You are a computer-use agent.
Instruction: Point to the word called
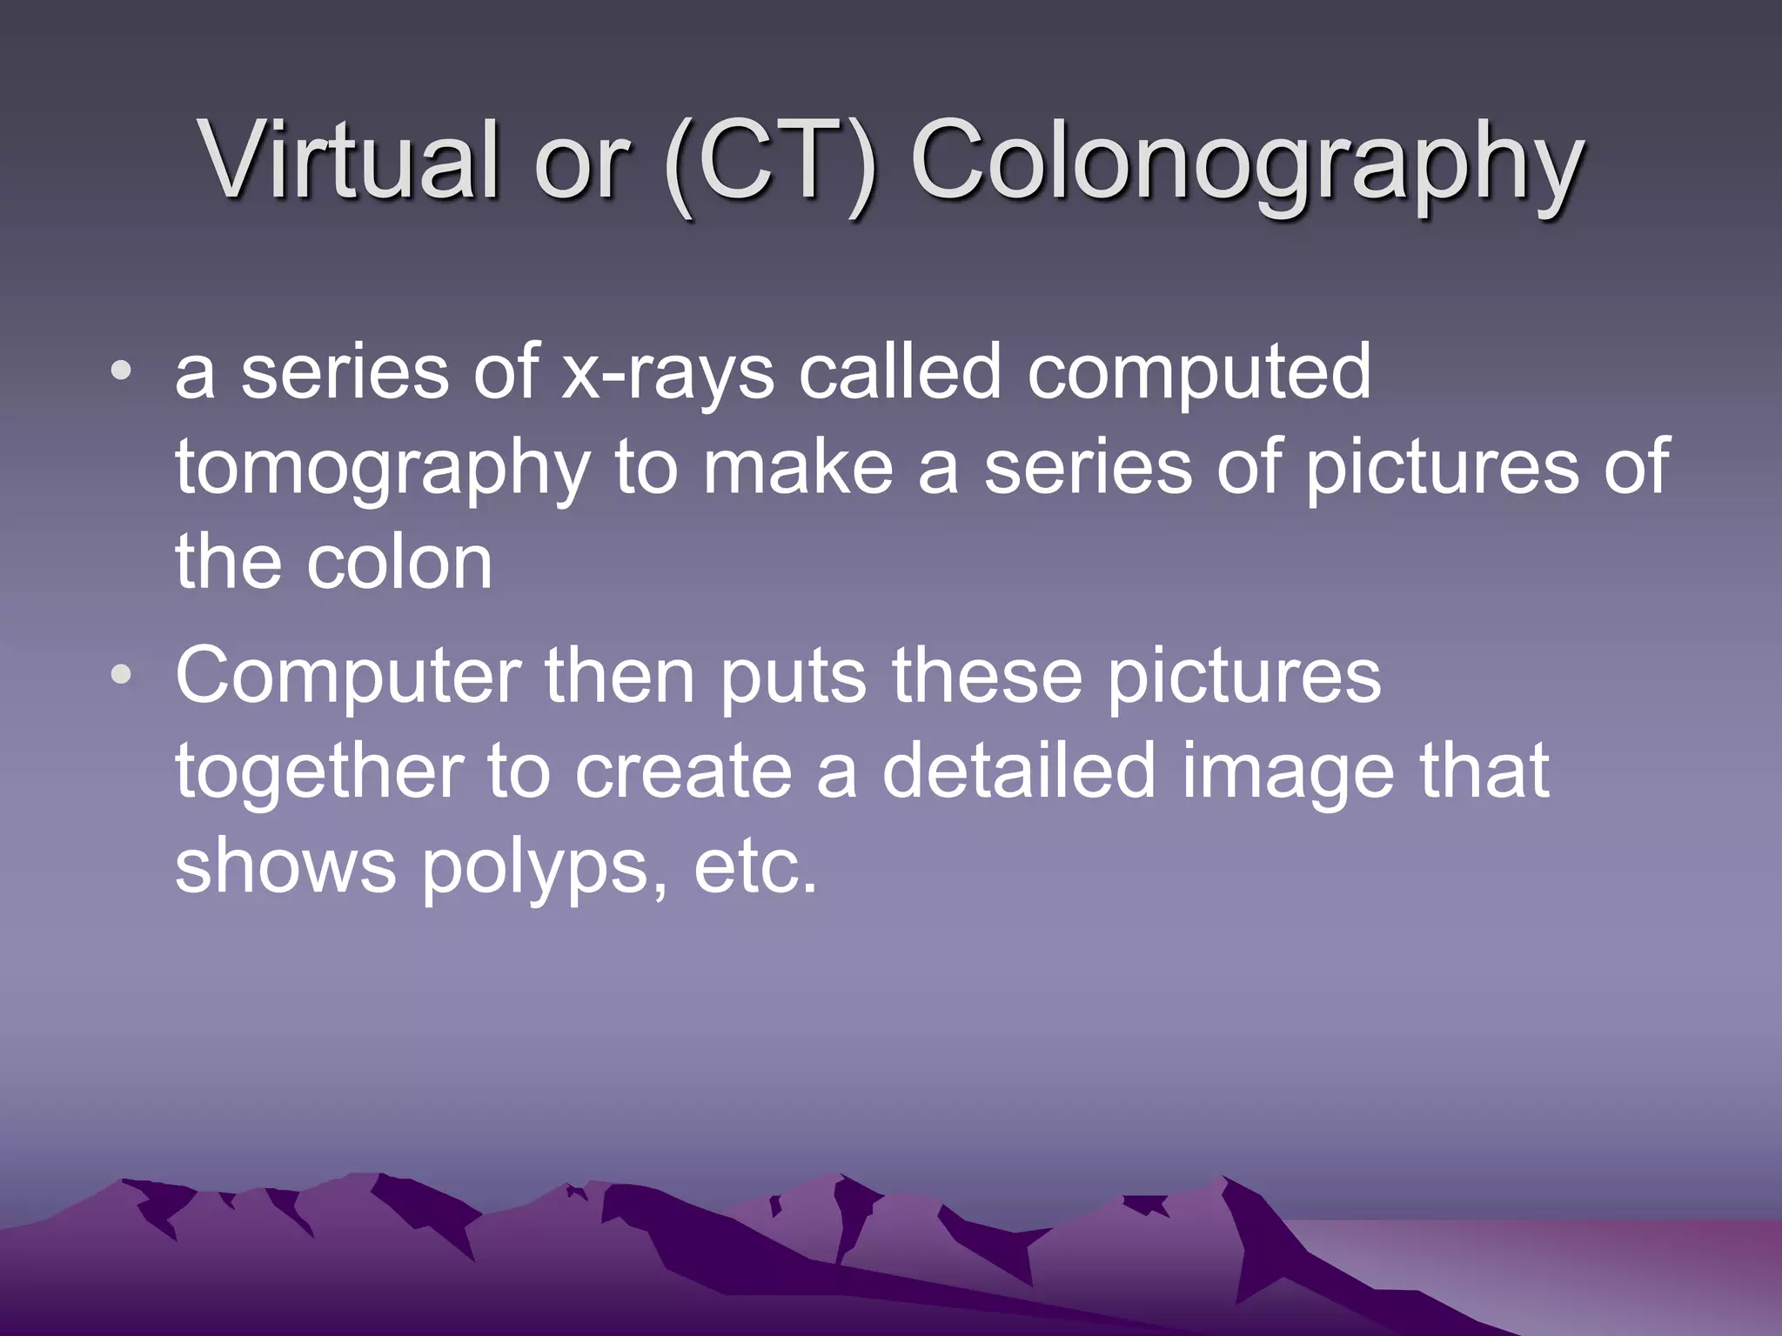click(900, 371)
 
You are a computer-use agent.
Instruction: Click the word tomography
click(383, 470)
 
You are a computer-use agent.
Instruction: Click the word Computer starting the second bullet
click(348, 678)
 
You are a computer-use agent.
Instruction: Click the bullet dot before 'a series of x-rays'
click(122, 372)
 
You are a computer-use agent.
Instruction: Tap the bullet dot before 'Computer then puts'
click(122, 674)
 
